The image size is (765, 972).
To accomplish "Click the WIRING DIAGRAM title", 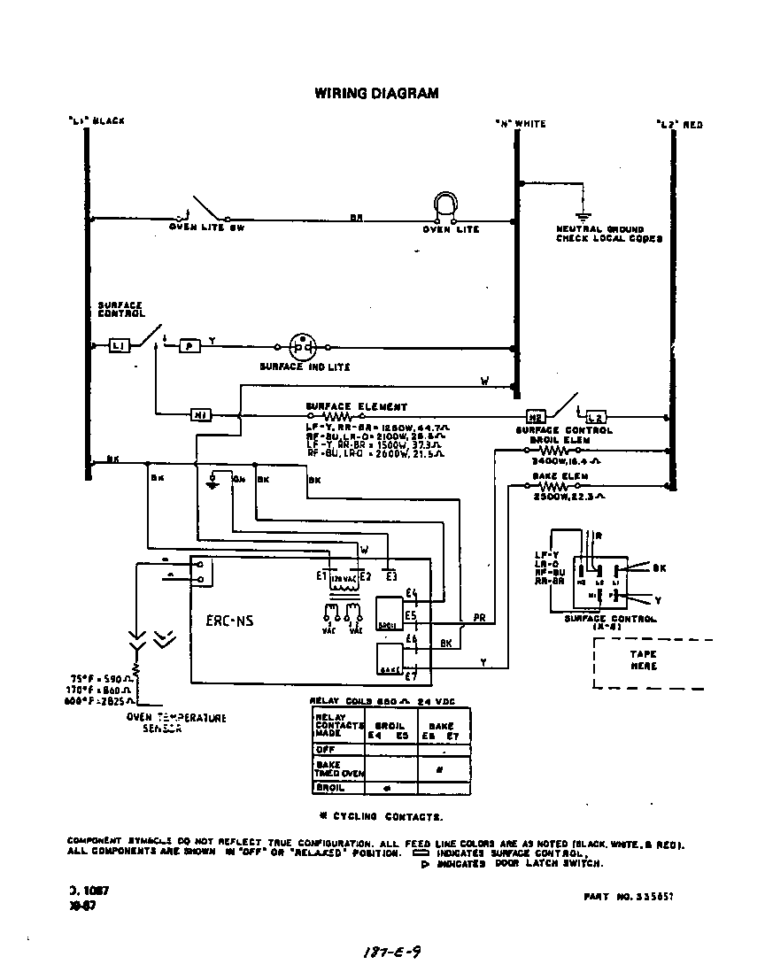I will click(376, 93).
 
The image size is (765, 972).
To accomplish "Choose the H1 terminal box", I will click(200, 413).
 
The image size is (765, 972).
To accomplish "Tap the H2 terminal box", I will click(535, 414).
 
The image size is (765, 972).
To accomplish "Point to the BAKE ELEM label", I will click(555, 476).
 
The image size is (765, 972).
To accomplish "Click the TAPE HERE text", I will click(644, 660).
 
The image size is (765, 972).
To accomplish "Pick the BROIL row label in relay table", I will click(328, 787).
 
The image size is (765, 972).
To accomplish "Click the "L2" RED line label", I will click(679, 125).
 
